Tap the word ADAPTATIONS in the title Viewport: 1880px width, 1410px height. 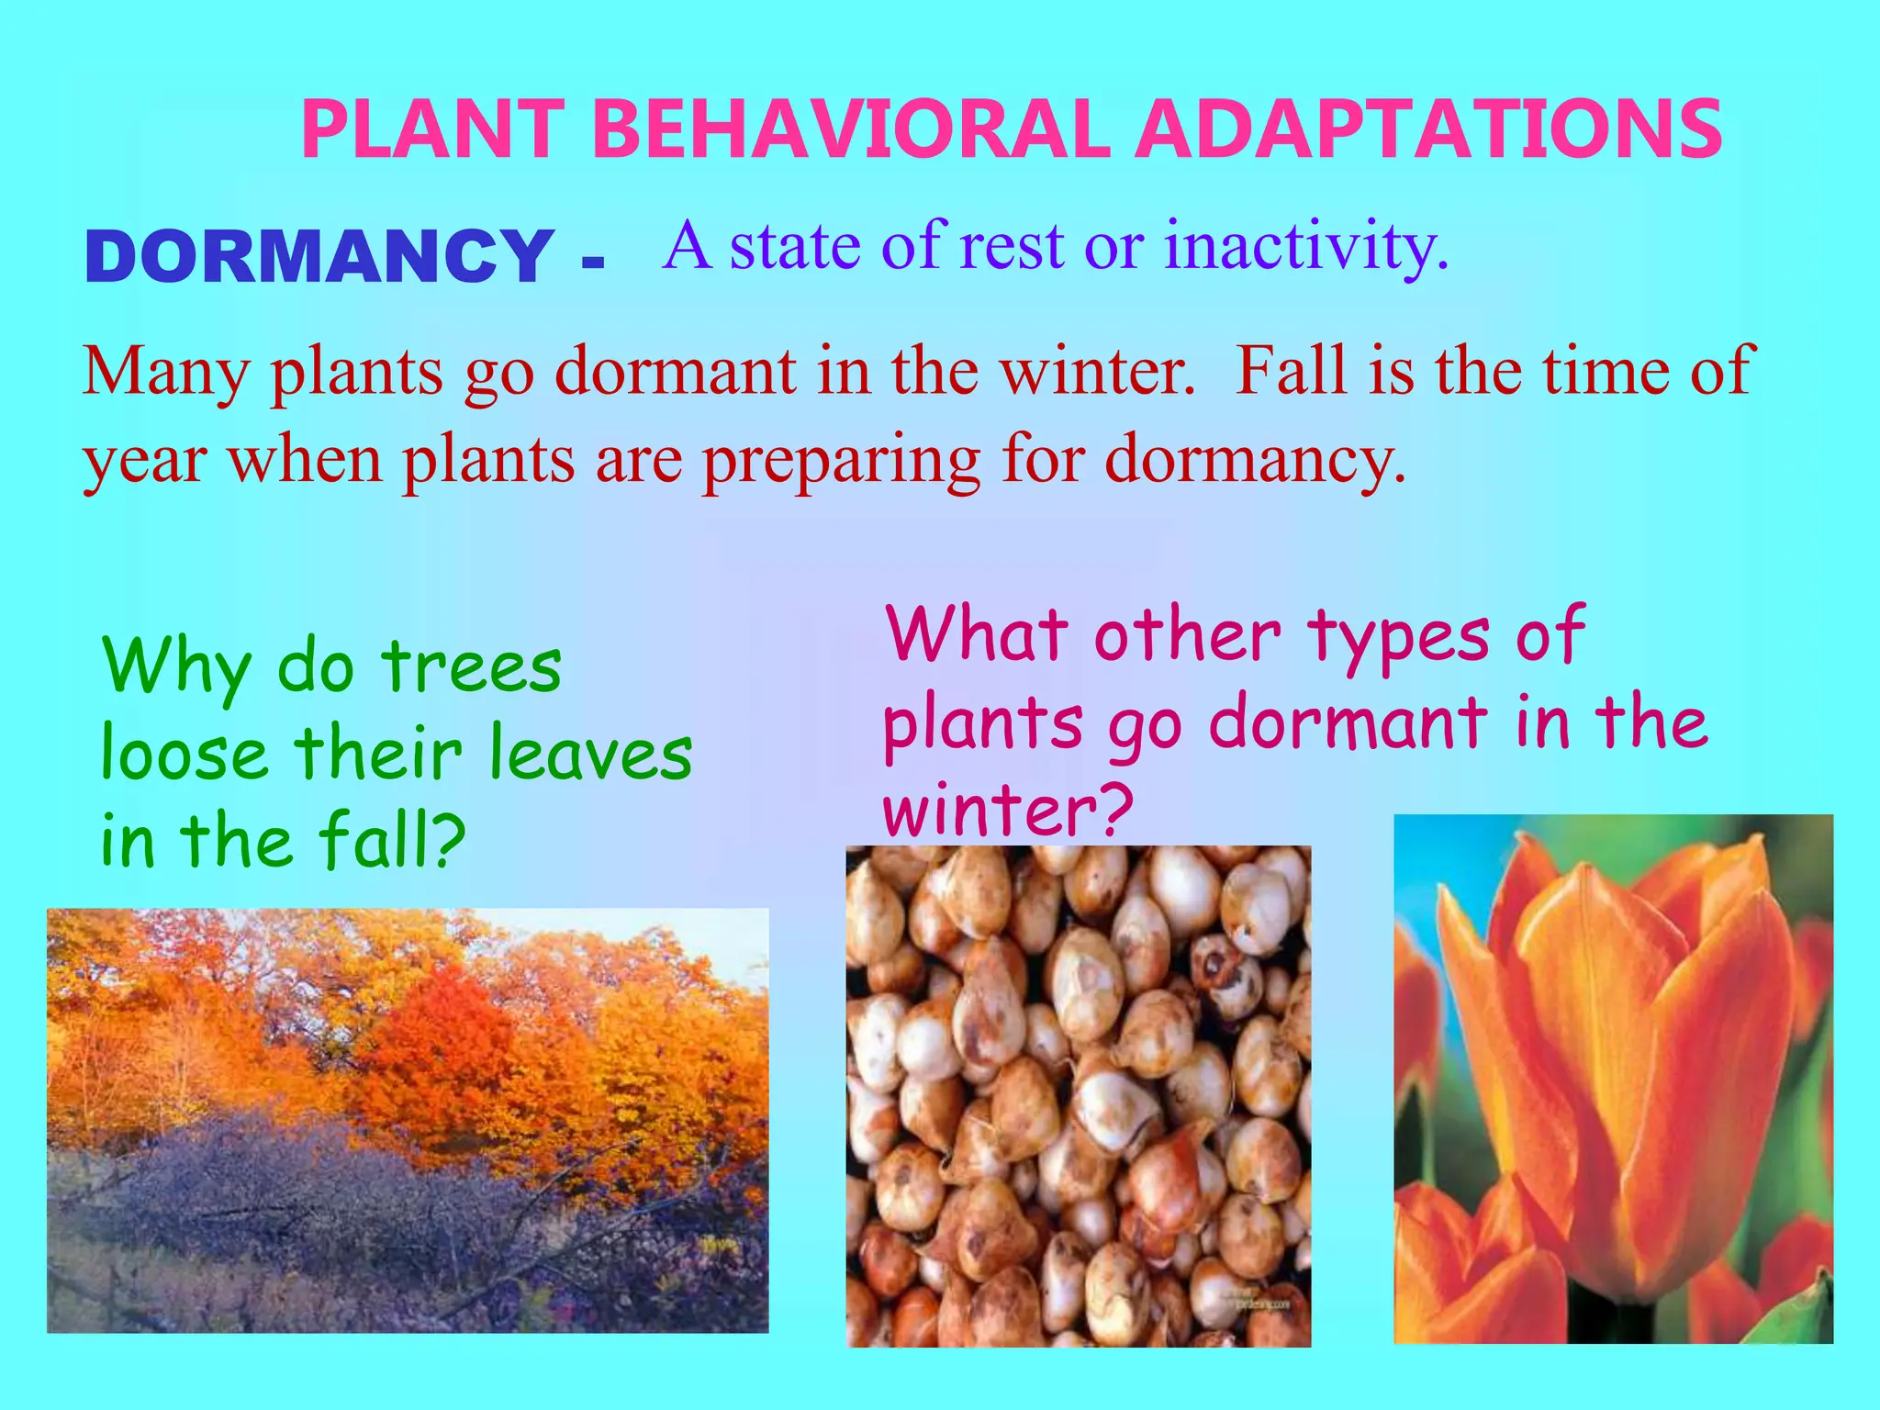coord(1427,130)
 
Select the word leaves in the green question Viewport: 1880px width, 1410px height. coord(589,755)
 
